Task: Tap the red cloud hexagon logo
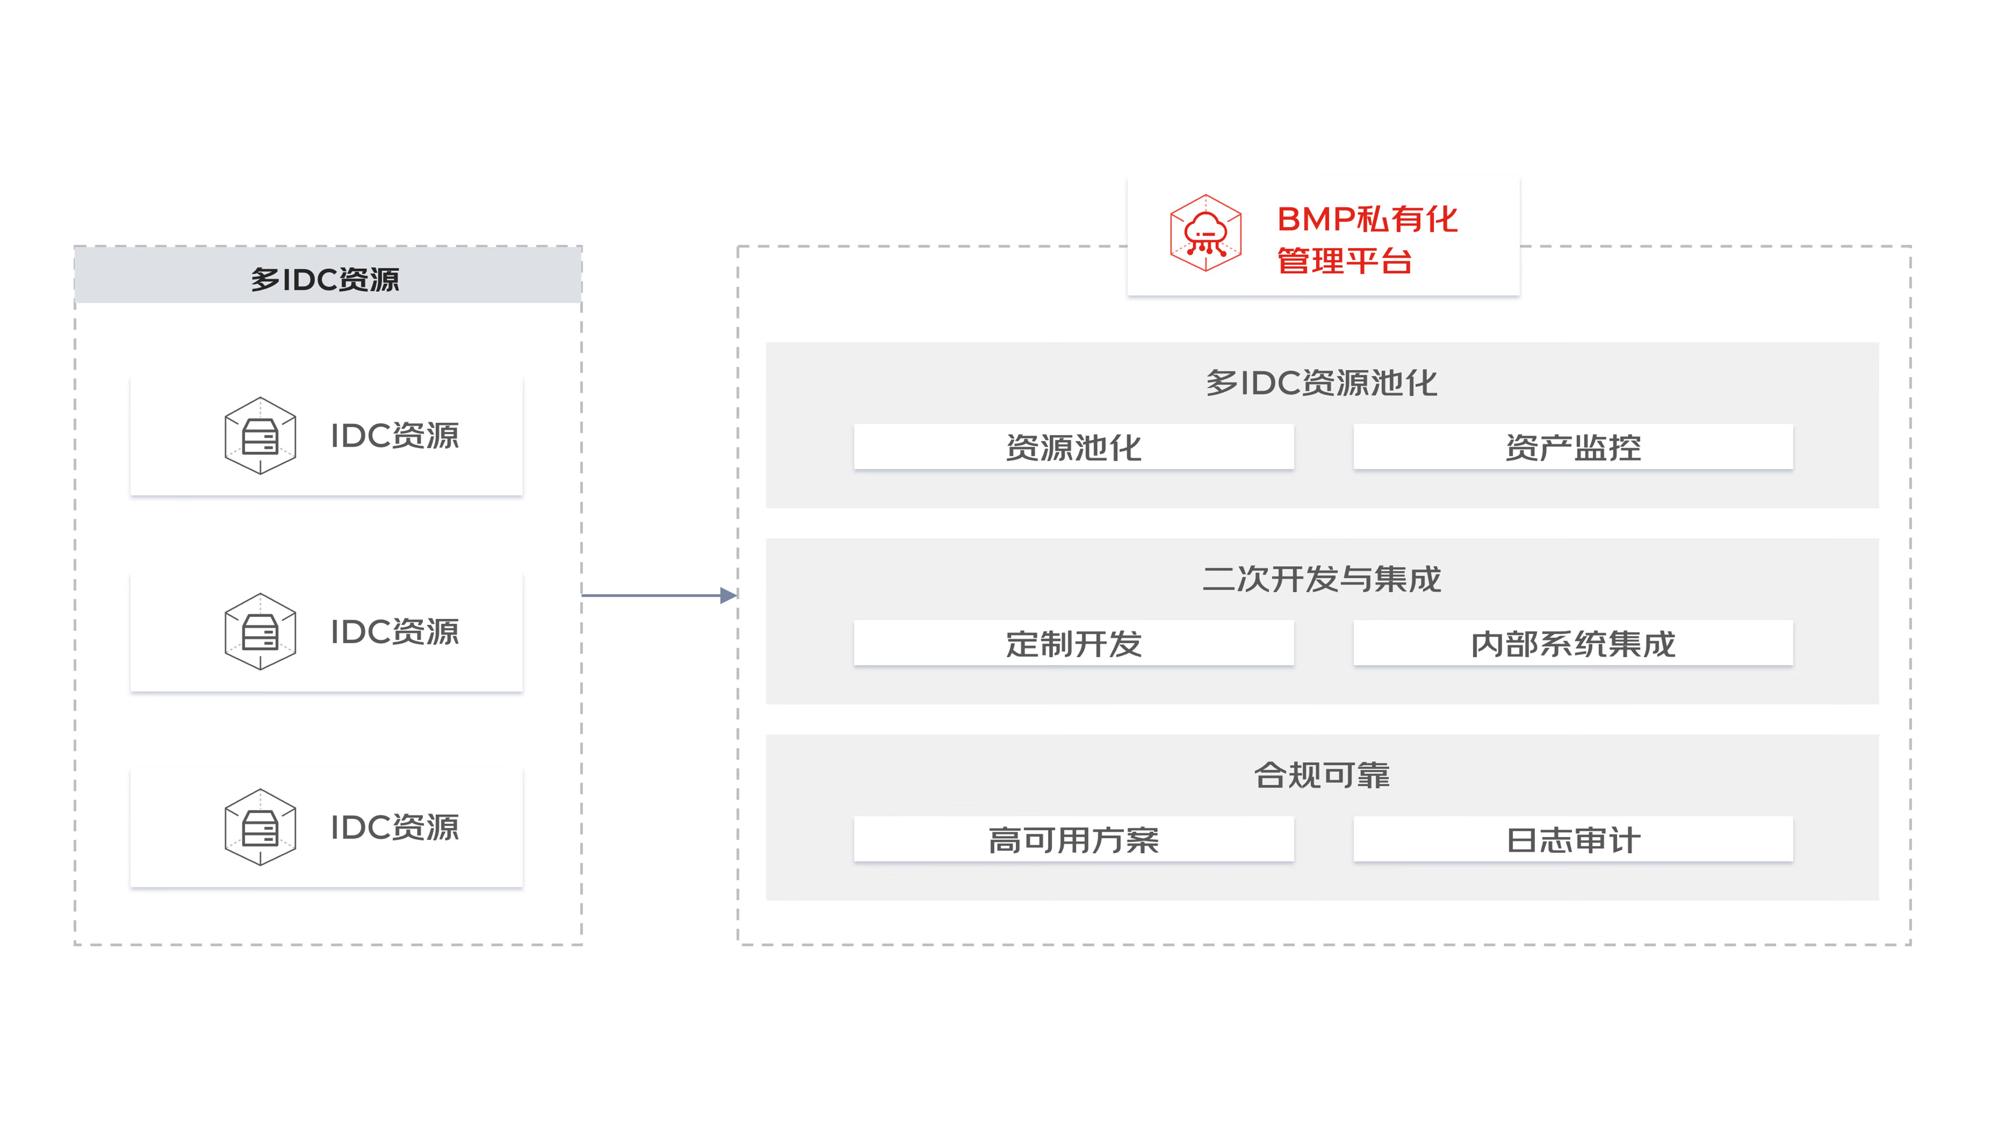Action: coord(1205,233)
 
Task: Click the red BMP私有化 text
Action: coord(1366,219)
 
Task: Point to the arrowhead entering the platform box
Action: coord(728,595)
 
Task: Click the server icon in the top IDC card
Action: coord(260,435)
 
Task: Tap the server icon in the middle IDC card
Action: coord(260,631)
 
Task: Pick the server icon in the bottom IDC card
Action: coord(260,827)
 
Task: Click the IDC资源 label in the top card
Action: coord(394,435)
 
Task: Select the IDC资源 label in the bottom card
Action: coord(394,827)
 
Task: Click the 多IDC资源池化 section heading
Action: coord(1321,383)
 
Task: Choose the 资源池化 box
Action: coord(1073,447)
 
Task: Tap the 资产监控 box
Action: coord(1573,447)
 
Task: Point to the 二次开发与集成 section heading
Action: coord(1321,579)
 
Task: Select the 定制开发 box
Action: coord(1073,643)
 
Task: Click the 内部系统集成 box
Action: coord(1573,643)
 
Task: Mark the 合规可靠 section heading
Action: coord(1321,775)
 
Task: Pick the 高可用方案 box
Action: coord(1073,839)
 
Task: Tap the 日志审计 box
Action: coord(1573,839)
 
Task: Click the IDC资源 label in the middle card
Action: coord(394,631)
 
